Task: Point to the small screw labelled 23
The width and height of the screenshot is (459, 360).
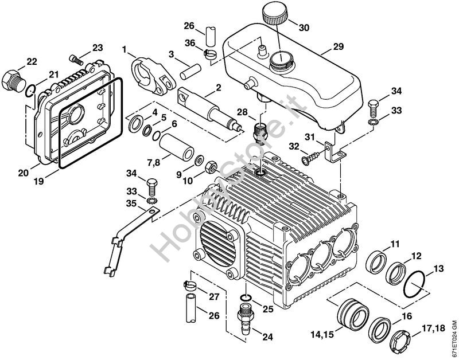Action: pyautogui.click(x=76, y=58)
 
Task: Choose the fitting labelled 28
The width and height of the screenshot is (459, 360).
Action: pyautogui.click(x=259, y=130)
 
